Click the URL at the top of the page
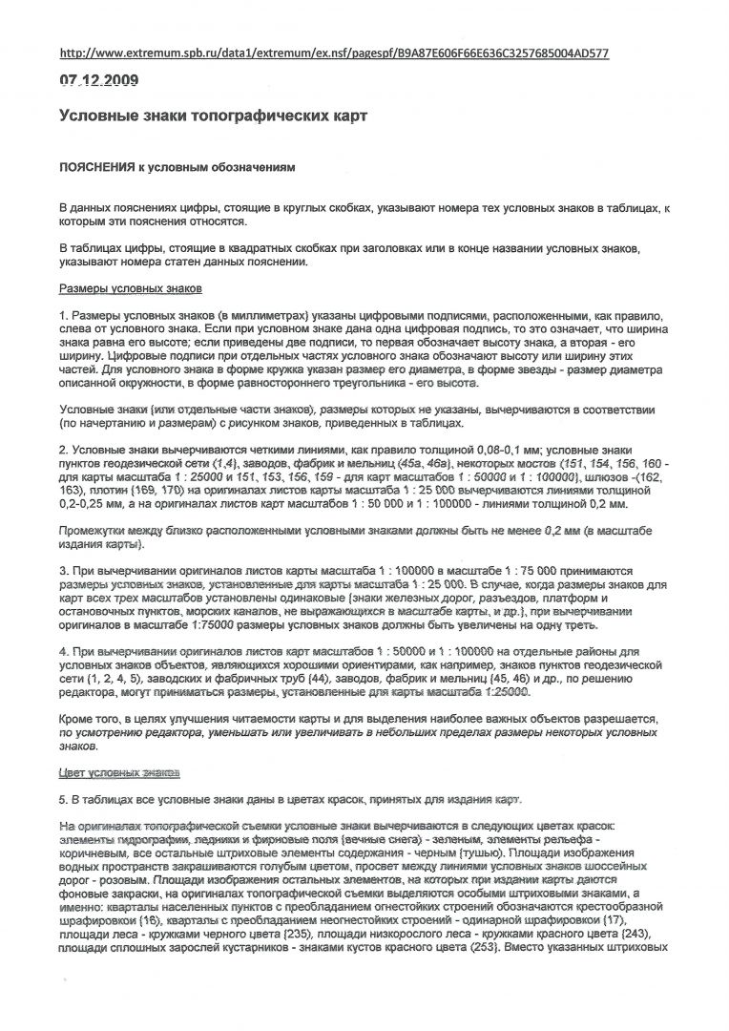pyautogui.click(x=334, y=53)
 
